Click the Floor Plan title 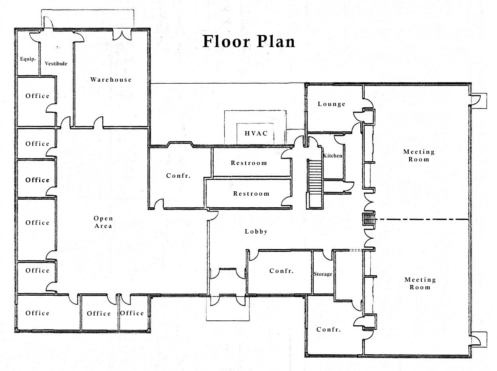[x=249, y=41]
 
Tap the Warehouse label [x=111, y=79]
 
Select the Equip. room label [x=28, y=59]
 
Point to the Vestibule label [x=56, y=64]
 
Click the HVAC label [x=256, y=133]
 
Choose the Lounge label [x=332, y=104]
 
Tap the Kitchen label [x=332, y=156]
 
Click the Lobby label [x=256, y=232]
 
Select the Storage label [x=323, y=274]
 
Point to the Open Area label [x=103, y=222]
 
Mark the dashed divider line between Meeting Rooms [x=422, y=219]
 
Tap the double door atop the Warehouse [x=122, y=35]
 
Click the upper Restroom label [x=249, y=163]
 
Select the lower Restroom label [x=251, y=194]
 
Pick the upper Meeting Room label [x=419, y=155]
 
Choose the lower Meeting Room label [x=420, y=283]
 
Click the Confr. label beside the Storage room [x=281, y=271]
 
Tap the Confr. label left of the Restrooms [x=178, y=176]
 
